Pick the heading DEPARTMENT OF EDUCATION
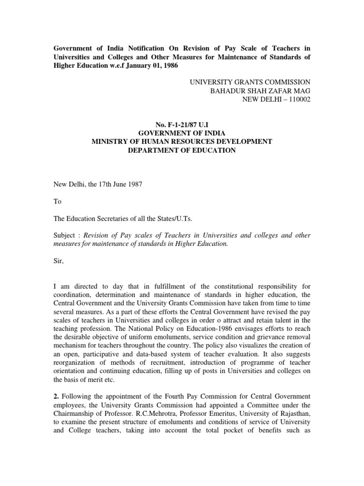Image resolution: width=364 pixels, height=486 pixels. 182,150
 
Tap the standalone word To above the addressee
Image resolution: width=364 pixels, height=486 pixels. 57,201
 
